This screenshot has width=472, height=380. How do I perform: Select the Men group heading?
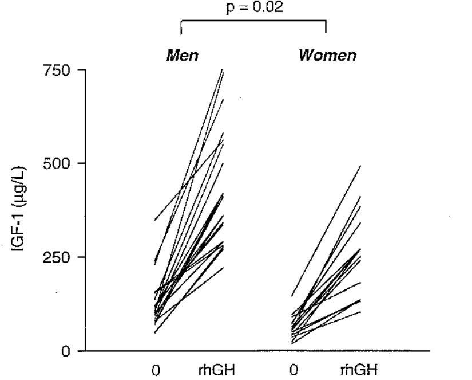pyautogui.click(x=182, y=56)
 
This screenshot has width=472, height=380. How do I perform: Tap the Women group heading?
pyautogui.click(x=327, y=56)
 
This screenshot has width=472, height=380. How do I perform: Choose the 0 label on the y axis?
pyautogui.click(x=66, y=351)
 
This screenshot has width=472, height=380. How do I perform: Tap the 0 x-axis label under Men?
pyautogui.click(x=156, y=370)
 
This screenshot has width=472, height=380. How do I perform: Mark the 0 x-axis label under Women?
pyautogui.click(x=293, y=370)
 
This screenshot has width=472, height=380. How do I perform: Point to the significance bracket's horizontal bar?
pyautogui.click(x=253, y=22)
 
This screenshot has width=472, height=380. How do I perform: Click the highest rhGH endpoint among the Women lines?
pyautogui.click(x=360, y=166)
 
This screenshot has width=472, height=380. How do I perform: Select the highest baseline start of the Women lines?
pyautogui.click(x=292, y=296)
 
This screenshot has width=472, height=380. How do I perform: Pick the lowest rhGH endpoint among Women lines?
pyautogui.click(x=360, y=312)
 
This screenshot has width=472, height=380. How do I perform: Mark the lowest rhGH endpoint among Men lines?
pyautogui.click(x=223, y=268)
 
